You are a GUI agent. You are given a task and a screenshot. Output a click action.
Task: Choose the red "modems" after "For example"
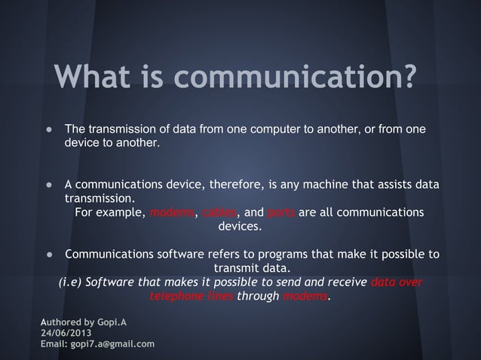pos(173,212)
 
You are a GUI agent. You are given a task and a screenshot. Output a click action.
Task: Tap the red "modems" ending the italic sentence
pos(305,296)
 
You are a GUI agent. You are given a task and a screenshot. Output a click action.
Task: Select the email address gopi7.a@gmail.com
pos(112,344)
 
